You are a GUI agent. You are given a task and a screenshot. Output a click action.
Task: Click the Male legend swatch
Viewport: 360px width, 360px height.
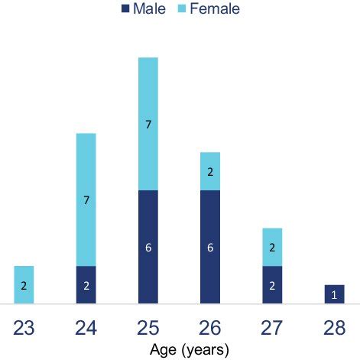pyautogui.click(x=125, y=9)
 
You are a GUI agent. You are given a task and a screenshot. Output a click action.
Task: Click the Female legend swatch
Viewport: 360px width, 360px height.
pyautogui.click(x=182, y=9)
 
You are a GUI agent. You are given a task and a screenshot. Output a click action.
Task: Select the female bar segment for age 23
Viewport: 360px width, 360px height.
pyautogui.click(x=24, y=284)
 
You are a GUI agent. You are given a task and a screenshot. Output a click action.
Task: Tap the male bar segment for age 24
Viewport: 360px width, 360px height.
pyautogui.click(x=86, y=284)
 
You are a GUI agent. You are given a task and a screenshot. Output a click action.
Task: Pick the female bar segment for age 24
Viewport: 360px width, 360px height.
pyautogui.click(x=86, y=199)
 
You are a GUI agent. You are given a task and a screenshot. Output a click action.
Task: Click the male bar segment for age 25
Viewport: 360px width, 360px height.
pyautogui.click(x=148, y=246)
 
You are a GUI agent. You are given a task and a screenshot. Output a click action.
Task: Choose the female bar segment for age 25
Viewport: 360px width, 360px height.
pyautogui.click(x=148, y=124)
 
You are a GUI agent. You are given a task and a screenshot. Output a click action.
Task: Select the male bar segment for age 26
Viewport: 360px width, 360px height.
pyautogui.click(x=210, y=246)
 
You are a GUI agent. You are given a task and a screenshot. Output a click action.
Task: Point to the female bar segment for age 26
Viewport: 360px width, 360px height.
pyautogui.click(x=210, y=171)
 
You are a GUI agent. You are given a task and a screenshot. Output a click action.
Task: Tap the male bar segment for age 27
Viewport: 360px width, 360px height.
pyautogui.click(x=273, y=284)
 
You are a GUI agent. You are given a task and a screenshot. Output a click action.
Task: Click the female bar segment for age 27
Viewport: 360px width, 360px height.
pyautogui.click(x=273, y=247)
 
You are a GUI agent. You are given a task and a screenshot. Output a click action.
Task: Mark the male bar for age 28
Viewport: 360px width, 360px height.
pyautogui.click(x=335, y=294)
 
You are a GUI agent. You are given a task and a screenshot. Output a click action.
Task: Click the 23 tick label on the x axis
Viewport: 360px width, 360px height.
pyautogui.click(x=24, y=327)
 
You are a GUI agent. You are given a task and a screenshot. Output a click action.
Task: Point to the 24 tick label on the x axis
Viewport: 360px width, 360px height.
pyautogui.click(x=86, y=327)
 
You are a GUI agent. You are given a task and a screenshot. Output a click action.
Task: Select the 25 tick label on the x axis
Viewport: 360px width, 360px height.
pyautogui.click(x=148, y=327)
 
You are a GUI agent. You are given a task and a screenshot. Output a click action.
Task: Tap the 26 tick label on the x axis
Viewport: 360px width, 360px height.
pyautogui.click(x=210, y=327)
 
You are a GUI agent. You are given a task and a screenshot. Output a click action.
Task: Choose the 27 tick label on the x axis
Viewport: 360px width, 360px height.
pyautogui.click(x=273, y=327)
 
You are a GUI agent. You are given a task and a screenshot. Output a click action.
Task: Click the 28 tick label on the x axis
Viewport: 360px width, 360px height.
pyautogui.click(x=335, y=327)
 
